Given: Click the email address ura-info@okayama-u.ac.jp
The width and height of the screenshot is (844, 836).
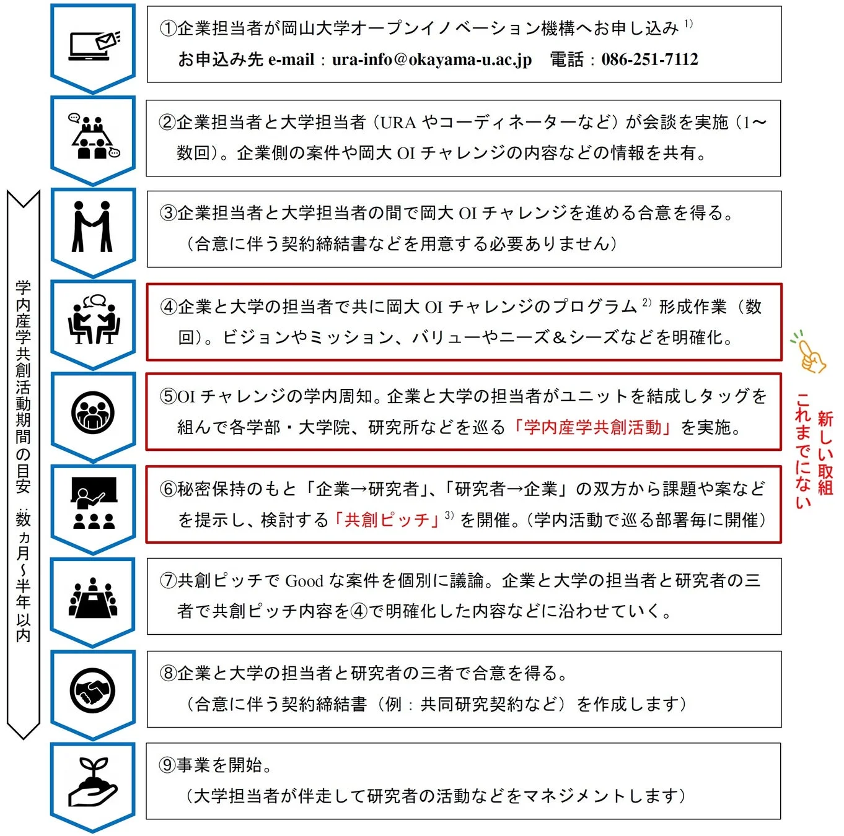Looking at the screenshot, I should coord(431,59).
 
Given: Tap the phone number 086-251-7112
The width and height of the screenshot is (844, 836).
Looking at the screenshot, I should coord(649,59).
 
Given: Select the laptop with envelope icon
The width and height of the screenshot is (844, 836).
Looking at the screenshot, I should coord(94,45).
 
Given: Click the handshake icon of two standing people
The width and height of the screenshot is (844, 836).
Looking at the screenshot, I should coord(92,227).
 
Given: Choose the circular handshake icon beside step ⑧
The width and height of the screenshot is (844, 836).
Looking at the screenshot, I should coord(93,690).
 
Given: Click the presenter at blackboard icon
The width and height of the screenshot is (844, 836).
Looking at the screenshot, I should coord(94,502).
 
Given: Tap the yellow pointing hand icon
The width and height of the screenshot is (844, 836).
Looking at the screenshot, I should coord(808,354).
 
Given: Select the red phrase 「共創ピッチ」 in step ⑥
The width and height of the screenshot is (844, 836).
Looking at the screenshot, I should coord(387,520).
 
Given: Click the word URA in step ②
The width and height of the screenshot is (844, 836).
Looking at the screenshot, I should coord(398,123).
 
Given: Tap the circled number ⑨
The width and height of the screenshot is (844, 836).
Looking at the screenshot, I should coord(167,765).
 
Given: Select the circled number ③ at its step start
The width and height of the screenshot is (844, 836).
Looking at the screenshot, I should coord(168,213).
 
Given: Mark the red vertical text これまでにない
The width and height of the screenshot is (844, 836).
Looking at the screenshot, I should coord(803,450).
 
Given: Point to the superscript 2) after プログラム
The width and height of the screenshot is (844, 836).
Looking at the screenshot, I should coord(646,302).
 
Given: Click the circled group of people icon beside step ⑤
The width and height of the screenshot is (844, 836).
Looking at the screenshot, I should coord(93,412).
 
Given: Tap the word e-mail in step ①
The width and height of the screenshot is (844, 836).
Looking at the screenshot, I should coord(291,59).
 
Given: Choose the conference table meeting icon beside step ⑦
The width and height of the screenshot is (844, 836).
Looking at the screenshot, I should coord(93,598).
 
